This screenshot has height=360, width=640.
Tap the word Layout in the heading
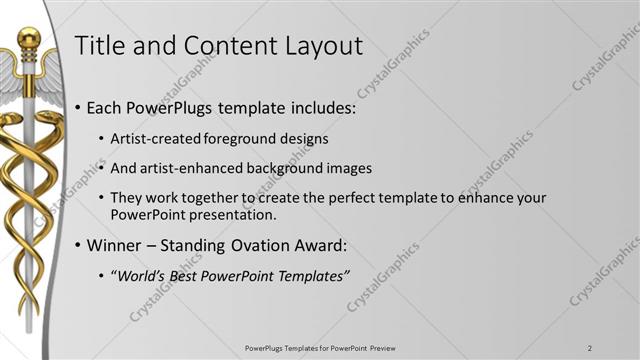(x=321, y=45)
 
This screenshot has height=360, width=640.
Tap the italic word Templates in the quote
(x=311, y=276)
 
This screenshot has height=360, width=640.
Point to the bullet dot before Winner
(x=79, y=246)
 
